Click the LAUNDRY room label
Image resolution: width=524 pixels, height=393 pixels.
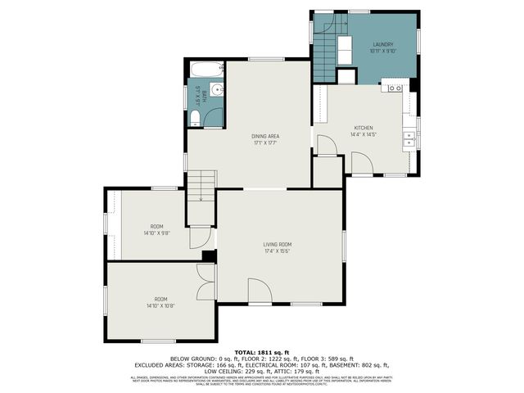(382, 44)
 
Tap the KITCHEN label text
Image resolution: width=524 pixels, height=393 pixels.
(364, 128)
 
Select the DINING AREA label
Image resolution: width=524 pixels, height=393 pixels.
(266, 136)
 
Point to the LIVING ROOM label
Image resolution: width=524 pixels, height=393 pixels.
(278, 244)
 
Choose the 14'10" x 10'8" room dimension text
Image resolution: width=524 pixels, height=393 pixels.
(160, 306)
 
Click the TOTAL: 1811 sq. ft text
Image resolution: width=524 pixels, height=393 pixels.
(261, 351)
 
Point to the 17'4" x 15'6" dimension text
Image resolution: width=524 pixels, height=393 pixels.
(278, 251)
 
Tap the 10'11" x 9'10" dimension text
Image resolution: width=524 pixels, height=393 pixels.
(382, 52)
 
